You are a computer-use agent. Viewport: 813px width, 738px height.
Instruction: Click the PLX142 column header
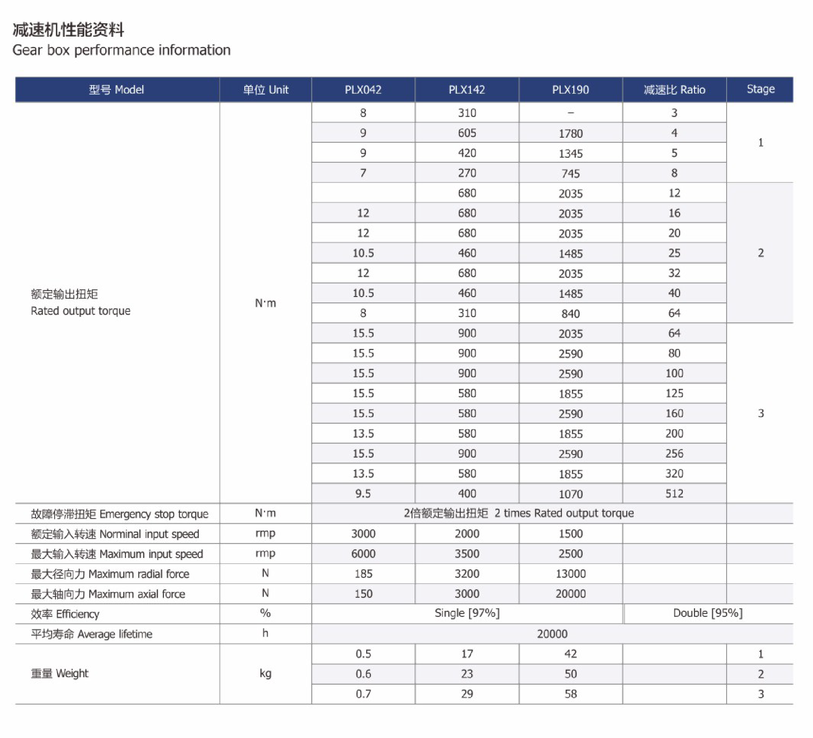(467, 90)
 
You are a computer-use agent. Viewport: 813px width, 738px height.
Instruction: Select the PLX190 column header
(570, 90)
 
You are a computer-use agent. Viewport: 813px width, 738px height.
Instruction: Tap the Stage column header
(760, 89)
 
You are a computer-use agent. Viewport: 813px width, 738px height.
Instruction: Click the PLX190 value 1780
(570, 133)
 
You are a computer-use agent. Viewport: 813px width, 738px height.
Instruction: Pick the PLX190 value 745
(570, 173)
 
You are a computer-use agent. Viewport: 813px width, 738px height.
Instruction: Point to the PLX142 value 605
(467, 133)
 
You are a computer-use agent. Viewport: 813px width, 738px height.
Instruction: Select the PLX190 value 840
(570, 314)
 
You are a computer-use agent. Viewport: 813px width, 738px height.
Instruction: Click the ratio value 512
(674, 494)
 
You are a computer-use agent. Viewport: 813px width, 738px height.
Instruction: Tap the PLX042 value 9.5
(363, 494)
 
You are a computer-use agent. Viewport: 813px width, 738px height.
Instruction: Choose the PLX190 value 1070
(570, 494)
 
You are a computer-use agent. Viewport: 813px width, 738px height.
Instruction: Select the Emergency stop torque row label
(119, 514)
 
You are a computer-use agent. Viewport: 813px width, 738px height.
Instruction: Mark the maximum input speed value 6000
(363, 554)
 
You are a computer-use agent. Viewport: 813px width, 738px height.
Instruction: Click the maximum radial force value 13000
(570, 574)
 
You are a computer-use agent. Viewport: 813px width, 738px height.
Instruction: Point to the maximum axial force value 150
(363, 594)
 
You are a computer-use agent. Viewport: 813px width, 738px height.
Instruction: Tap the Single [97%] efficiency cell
(467, 613)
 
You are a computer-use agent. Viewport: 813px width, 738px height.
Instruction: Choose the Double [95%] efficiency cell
(708, 613)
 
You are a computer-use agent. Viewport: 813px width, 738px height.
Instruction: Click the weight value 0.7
(363, 694)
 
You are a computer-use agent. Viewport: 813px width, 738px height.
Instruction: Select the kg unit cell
(265, 674)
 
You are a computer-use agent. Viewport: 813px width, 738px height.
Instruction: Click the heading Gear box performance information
(122, 50)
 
